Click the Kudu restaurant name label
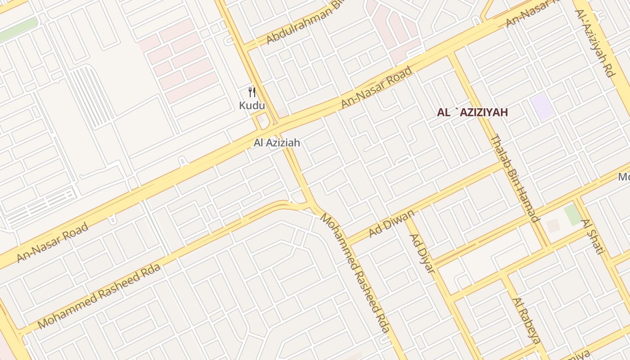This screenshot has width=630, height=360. point(252,106)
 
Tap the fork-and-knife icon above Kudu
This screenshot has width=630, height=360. point(252,92)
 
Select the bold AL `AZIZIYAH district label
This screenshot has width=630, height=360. point(472,112)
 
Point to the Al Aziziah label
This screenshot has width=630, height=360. point(276,143)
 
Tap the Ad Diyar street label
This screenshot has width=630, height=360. point(423,253)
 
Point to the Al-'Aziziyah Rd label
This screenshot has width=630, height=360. point(594,43)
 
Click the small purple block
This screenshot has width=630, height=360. point(542,106)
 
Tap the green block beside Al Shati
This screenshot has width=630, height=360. point(573,214)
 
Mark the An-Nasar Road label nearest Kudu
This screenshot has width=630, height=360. point(376,87)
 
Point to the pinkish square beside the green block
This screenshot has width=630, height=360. point(553,225)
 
